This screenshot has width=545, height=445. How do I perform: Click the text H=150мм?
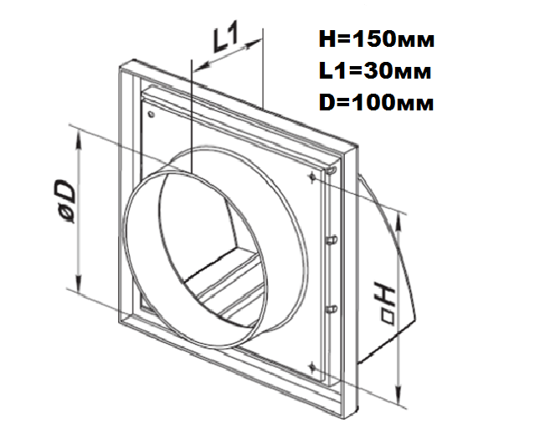pyautogui.click(x=377, y=40)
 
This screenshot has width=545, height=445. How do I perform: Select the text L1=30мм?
pyautogui.click(x=375, y=71)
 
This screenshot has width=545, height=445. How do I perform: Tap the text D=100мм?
pyautogui.click(x=377, y=103)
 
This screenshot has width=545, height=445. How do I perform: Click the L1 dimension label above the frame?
pyautogui.click(x=225, y=37)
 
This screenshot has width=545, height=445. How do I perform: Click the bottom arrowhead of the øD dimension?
pyautogui.click(x=80, y=281)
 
